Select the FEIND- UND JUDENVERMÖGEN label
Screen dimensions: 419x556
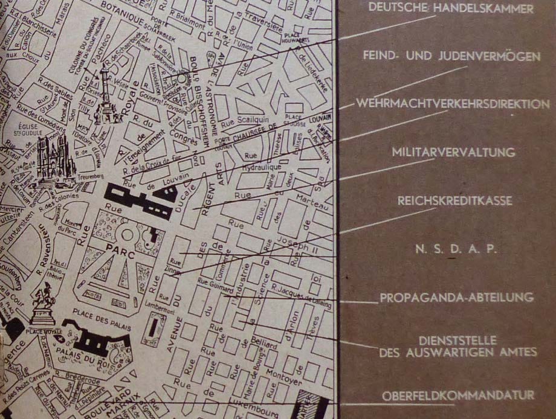coord(451,57)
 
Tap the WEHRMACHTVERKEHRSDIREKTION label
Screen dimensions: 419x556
coord(453,104)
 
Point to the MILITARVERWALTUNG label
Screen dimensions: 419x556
coord(453,152)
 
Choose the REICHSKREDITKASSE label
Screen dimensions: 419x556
coord(454,201)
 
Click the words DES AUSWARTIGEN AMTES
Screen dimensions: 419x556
coord(457,353)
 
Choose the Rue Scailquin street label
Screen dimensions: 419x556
coord(243,124)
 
